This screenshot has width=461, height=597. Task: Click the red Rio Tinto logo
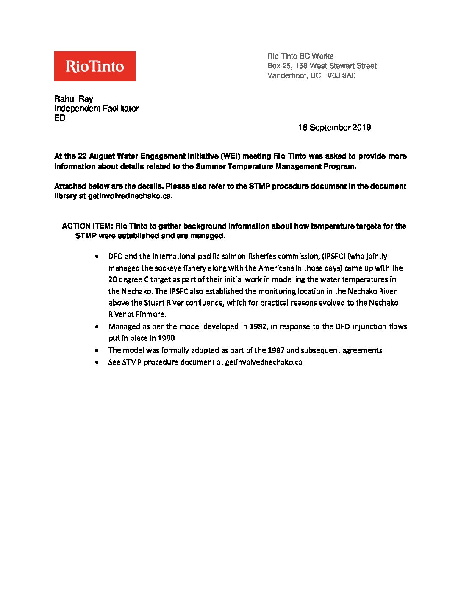click(x=94, y=66)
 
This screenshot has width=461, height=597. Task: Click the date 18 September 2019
click(x=334, y=128)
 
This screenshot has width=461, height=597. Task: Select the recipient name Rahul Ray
click(x=73, y=99)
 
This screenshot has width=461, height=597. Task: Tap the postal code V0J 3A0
click(x=341, y=76)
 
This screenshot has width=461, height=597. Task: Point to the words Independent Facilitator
click(x=96, y=109)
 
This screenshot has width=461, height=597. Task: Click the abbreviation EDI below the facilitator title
click(x=61, y=118)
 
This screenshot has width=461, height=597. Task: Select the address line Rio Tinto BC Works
click(x=300, y=56)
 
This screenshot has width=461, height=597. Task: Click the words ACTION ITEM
click(x=85, y=226)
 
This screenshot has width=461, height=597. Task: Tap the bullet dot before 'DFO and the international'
click(x=98, y=257)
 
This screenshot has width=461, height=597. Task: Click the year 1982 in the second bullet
click(x=258, y=326)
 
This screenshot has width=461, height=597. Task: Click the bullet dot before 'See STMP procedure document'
click(x=98, y=363)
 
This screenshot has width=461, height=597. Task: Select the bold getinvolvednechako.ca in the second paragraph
click(x=130, y=196)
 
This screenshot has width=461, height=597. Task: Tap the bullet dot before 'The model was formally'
click(x=98, y=351)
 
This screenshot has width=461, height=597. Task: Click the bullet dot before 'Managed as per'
click(x=98, y=327)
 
